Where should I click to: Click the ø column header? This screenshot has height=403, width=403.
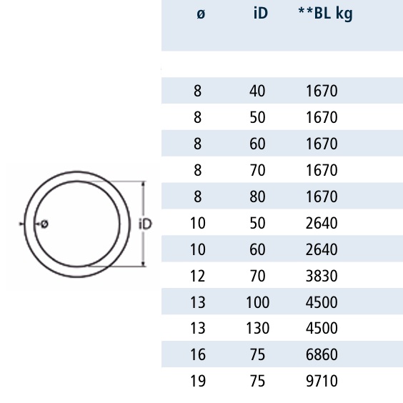(x=201, y=14)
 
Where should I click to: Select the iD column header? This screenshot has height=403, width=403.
(x=261, y=14)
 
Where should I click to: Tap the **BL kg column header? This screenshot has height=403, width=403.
(x=325, y=14)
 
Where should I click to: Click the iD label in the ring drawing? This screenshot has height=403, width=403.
(x=146, y=224)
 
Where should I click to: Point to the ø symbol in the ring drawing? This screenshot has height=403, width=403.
(x=45, y=224)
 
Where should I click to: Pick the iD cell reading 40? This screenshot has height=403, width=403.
(x=257, y=91)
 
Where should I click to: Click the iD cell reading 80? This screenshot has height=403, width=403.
(x=257, y=196)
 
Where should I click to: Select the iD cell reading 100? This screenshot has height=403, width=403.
(x=257, y=302)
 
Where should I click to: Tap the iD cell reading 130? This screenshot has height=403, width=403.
(x=257, y=329)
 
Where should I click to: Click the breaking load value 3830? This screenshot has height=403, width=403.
(x=322, y=276)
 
